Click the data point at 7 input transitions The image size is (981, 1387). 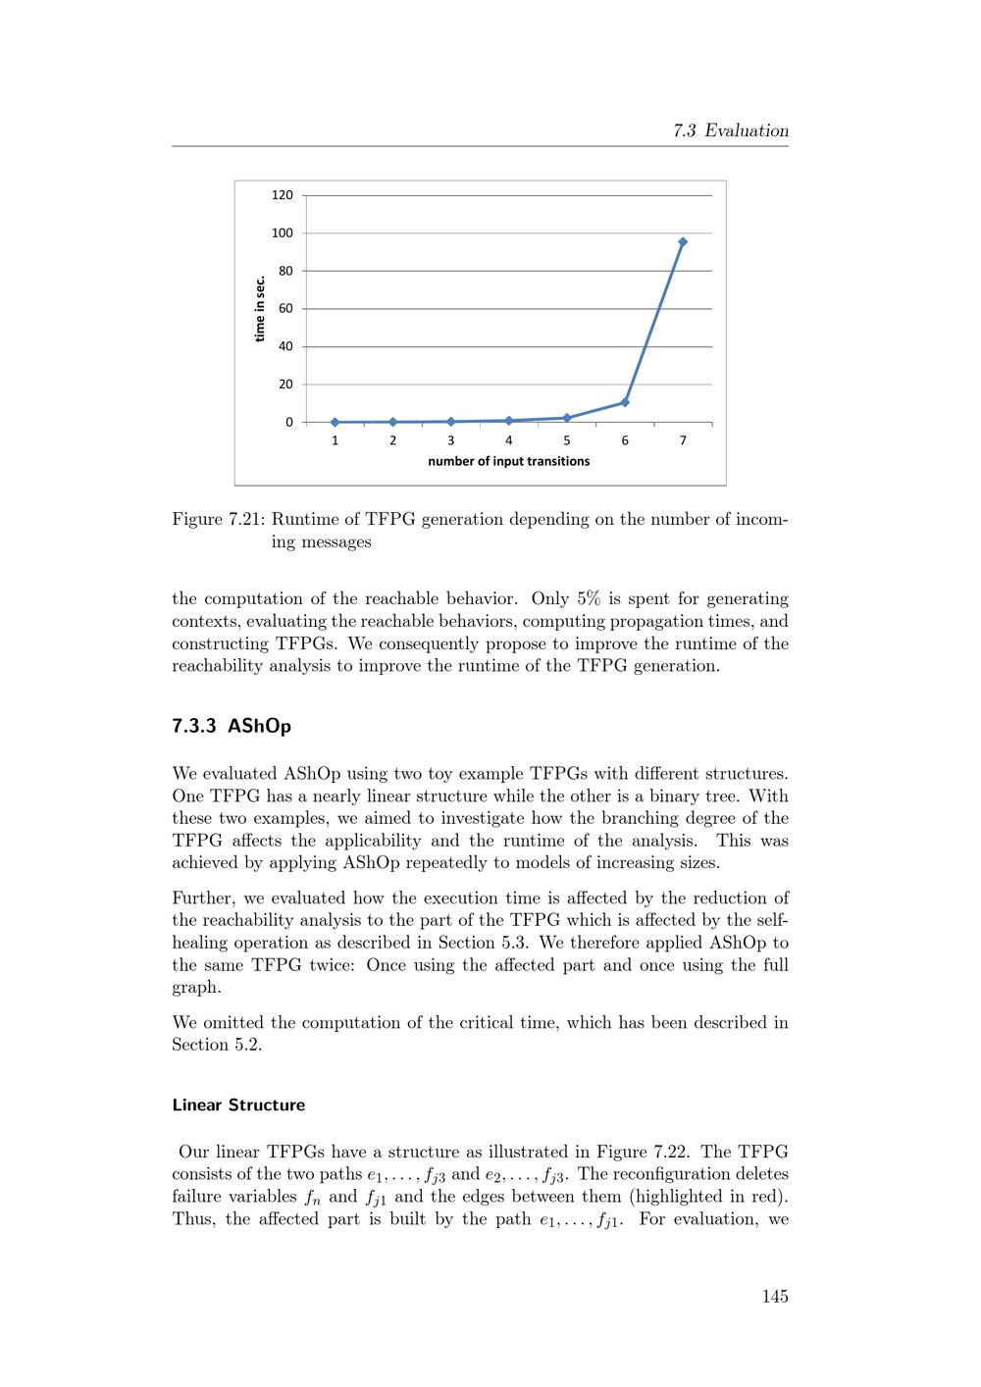click(x=683, y=241)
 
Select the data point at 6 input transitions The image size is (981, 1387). click(x=625, y=402)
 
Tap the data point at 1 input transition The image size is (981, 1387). click(x=335, y=422)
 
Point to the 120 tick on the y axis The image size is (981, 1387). click(x=283, y=195)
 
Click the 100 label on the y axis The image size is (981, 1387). click(x=283, y=233)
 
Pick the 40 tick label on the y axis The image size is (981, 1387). click(x=285, y=346)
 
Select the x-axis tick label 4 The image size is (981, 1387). click(x=508, y=440)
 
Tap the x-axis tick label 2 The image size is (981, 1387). click(x=392, y=440)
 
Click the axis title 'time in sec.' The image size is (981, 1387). click(x=260, y=309)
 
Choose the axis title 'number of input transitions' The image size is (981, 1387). click(x=508, y=461)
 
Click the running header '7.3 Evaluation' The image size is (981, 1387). click(x=731, y=130)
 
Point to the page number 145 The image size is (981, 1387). click(x=774, y=1297)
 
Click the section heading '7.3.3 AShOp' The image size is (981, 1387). click(x=232, y=727)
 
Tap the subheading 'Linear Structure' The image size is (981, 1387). click(x=238, y=1104)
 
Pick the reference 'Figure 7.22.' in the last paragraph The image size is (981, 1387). click(x=643, y=1152)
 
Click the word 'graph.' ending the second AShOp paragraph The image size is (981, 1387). click(x=196, y=988)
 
